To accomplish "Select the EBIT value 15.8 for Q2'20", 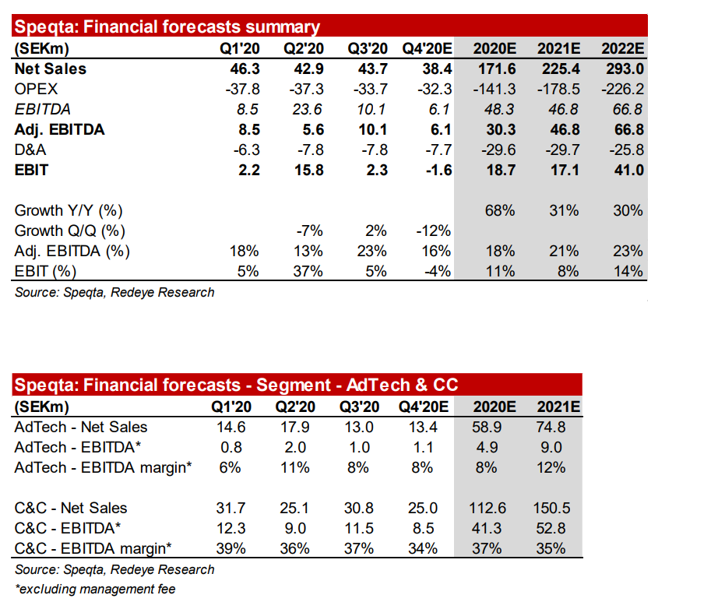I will [x=309, y=170].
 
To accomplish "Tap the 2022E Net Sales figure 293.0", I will [x=622, y=69].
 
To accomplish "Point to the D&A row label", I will [x=32, y=150].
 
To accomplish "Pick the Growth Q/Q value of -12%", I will [x=435, y=231].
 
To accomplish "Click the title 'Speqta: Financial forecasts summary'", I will [x=167, y=27].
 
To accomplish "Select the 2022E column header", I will [x=622, y=48].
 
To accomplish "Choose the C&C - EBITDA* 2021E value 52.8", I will [x=553, y=528].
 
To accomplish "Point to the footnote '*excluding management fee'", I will [x=95, y=589].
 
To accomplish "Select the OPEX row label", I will [x=36, y=89].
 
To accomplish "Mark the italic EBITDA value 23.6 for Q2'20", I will [x=309, y=109].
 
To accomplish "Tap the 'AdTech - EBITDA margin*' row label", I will [x=104, y=467].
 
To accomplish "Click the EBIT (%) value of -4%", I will [x=438, y=271].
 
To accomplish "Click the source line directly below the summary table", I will [x=114, y=292].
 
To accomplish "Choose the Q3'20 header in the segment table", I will [x=359, y=407].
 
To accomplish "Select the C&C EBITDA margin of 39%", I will [x=231, y=548].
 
